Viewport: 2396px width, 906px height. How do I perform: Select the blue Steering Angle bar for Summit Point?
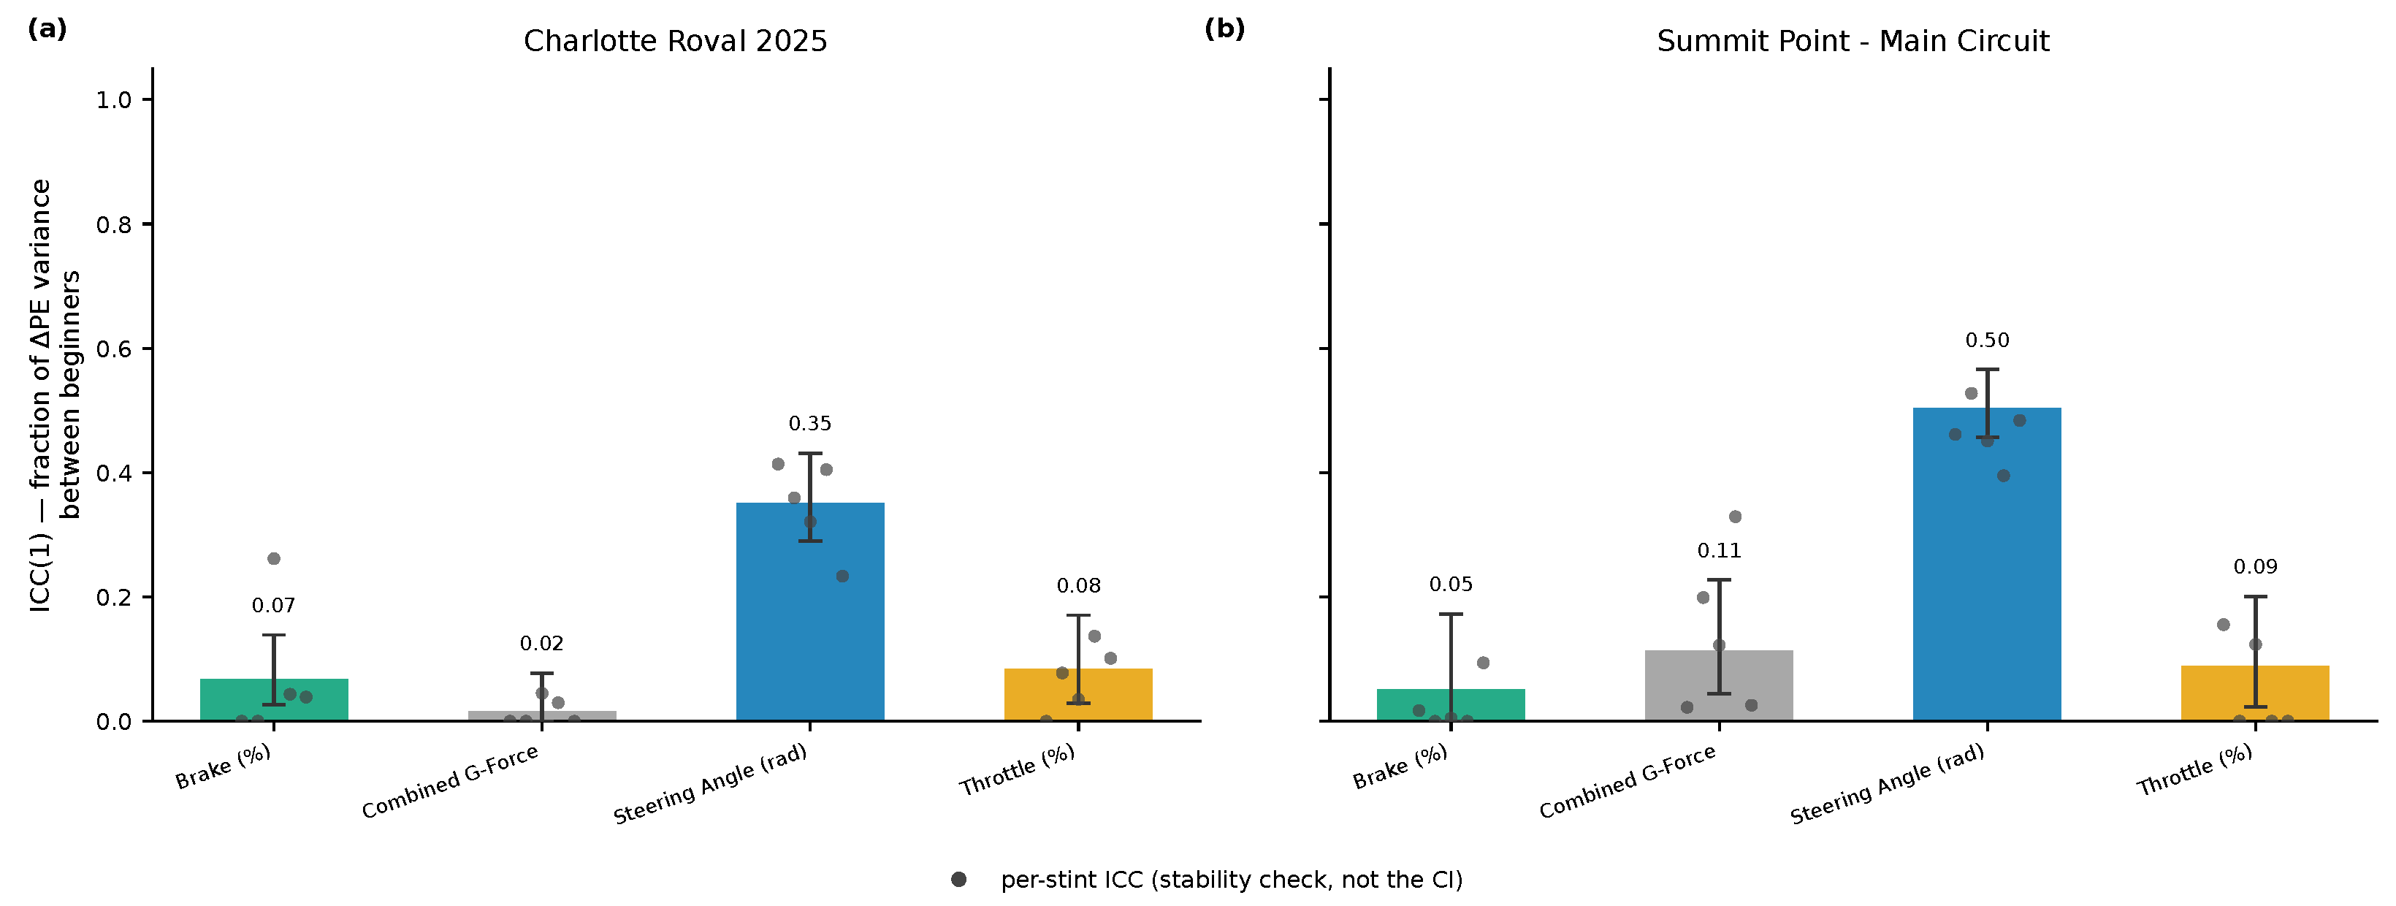tap(1987, 563)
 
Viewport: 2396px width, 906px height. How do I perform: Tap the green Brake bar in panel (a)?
tap(275, 699)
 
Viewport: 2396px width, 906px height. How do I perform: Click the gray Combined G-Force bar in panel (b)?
tap(1719, 685)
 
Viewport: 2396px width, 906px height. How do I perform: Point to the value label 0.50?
tap(1987, 340)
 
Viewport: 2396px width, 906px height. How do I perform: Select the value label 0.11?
tap(1719, 551)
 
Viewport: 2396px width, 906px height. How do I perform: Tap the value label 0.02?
tap(542, 644)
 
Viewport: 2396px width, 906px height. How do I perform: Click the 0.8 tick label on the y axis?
tap(113, 224)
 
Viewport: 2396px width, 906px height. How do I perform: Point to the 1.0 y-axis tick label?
tap(113, 99)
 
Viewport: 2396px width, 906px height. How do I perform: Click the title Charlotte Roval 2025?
tap(675, 41)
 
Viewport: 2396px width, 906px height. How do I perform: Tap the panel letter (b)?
tap(1224, 28)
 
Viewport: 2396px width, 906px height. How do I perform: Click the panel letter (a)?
tap(47, 28)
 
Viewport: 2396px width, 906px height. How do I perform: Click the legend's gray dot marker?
tap(959, 879)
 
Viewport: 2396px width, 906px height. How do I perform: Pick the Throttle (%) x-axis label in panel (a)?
tap(1018, 770)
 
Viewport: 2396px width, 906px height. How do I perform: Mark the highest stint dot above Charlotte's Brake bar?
tap(273, 558)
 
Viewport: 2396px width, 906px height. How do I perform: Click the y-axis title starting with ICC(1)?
tap(55, 395)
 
